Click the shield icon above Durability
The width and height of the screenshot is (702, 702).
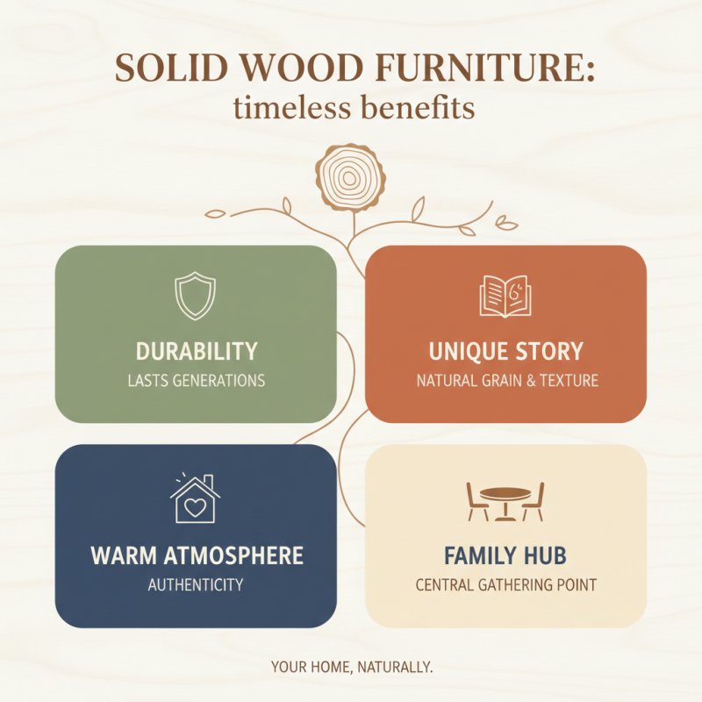pyautogui.click(x=195, y=296)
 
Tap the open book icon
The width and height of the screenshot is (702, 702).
pyautogui.click(x=505, y=296)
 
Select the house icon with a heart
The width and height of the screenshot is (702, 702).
pyautogui.click(x=195, y=499)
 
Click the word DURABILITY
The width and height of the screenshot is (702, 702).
pyautogui.click(x=197, y=352)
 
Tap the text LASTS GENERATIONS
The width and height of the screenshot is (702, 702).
pyautogui.click(x=196, y=381)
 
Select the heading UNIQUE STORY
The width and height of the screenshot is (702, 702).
pyautogui.click(x=505, y=352)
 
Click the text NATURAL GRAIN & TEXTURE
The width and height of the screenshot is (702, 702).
pyautogui.click(x=506, y=381)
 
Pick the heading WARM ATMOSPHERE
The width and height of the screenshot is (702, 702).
pyautogui.click(x=197, y=555)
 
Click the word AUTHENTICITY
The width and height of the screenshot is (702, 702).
pyautogui.click(x=196, y=584)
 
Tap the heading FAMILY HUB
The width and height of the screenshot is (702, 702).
pyautogui.click(x=505, y=555)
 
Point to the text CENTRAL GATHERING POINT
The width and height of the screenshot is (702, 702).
pyautogui.click(x=505, y=584)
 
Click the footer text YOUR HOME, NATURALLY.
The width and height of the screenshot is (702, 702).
pyautogui.click(x=351, y=668)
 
